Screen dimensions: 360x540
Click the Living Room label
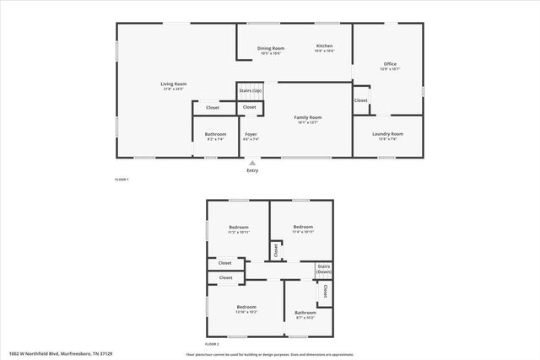(x=174, y=83)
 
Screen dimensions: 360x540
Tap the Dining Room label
(x=271, y=48)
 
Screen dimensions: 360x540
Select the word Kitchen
(x=324, y=46)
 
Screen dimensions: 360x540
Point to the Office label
(x=390, y=64)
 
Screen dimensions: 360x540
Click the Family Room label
(x=307, y=117)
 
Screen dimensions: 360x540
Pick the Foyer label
(x=251, y=134)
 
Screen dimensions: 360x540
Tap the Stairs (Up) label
(x=250, y=90)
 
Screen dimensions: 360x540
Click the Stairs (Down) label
(x=323, y=270)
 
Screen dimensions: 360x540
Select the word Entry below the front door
(x=251, y=171)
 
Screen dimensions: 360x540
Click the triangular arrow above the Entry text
(x=251, y=162)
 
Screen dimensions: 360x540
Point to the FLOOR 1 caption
(x=121, y=180)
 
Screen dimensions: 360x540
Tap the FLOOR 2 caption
(x=212, y=344)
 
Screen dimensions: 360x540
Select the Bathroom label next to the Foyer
(x=215, y=134)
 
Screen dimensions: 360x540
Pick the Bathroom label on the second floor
(x=305, y=313)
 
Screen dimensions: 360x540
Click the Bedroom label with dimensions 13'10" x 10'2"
(x=246, y=306)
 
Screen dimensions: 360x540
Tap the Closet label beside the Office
(x=360, y=100)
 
